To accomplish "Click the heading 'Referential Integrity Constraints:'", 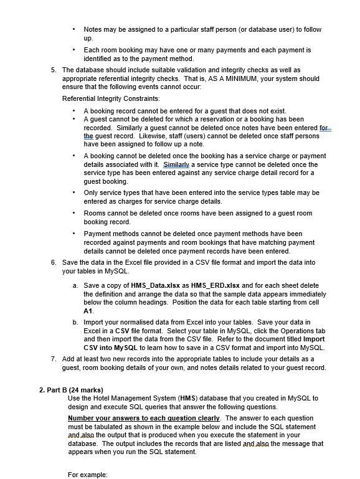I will (x=111, y=98).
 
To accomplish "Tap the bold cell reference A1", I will (x=88, y=310).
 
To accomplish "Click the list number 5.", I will (x=54, y=70).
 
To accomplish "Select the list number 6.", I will (x=54, y=263).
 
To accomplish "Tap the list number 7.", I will (x=54, y=359).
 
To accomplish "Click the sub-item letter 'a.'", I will (x=75, y=285).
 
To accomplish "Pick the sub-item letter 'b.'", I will (x=75, y=322).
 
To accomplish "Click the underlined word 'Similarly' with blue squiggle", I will (x=175, y=164).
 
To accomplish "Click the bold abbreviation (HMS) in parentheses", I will (x=185, y=398).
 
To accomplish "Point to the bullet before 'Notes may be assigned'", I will (x=74, y=29).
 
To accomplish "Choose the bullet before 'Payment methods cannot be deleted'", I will (x=74, y=234).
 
